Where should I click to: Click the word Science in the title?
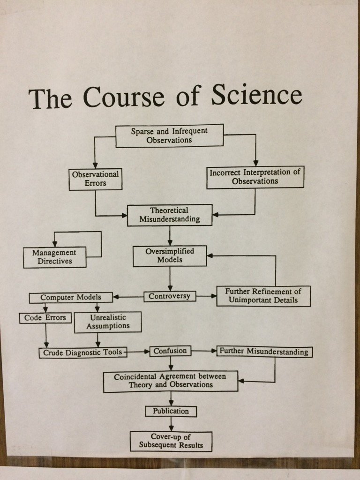tap(256, 95)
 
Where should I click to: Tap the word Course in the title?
tap(123, 97)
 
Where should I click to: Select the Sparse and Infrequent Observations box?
tap(169, 135)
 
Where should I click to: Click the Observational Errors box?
tap(95, 179)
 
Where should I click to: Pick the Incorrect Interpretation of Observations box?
tap(255, 177)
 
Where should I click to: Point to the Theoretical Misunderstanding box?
tap(169, 215)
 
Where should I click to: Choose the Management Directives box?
tap(54, 257)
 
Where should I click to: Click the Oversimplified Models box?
tap(170, 255)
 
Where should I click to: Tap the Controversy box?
tap(170, 296)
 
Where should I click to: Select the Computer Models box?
tap(71, 298)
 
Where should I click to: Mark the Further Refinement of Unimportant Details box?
tap(263, 296)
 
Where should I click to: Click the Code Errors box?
tap(45, 318)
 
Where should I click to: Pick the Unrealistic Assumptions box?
tap(107, 322)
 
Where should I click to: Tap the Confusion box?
tap(170, 351)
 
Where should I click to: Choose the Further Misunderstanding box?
tap(264, 352)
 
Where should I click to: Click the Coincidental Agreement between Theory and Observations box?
tap(170, 381)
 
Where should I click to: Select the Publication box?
tap(171, 411)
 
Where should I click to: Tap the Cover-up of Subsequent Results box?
tap(171, 441)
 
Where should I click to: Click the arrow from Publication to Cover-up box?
tap(171, 424)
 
